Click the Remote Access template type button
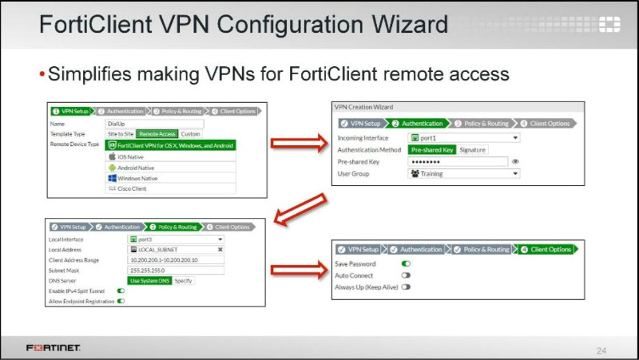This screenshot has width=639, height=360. (x=157, y=134)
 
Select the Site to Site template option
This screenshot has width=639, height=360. (x=120, y=134)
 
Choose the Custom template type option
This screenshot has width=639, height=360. (x=190, y=134)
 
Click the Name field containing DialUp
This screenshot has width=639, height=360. (x=154, y=124)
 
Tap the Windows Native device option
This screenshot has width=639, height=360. (x=137, y=178)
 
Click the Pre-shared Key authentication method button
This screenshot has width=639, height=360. (x=432, y=149)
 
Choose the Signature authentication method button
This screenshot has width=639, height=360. (x=473, y=149)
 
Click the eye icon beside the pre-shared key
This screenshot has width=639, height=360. (x=515, y=161)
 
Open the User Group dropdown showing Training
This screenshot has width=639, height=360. (x=463, y=173)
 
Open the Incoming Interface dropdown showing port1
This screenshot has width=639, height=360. (x=463, y=137)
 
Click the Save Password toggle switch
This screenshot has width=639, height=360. (x=406, y=263)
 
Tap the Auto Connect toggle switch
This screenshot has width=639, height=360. (x=406, y=275)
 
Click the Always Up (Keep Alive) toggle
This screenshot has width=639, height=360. (x=406, y=286)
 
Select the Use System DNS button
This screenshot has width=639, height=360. (x=149, y=280)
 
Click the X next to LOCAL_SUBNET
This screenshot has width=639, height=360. (x=220, y=249)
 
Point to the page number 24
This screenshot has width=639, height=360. (x=601, y=350)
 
